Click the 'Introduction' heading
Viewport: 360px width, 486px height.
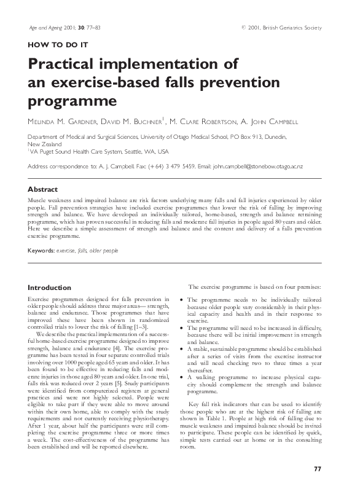51,287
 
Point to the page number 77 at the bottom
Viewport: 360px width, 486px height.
318,469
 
